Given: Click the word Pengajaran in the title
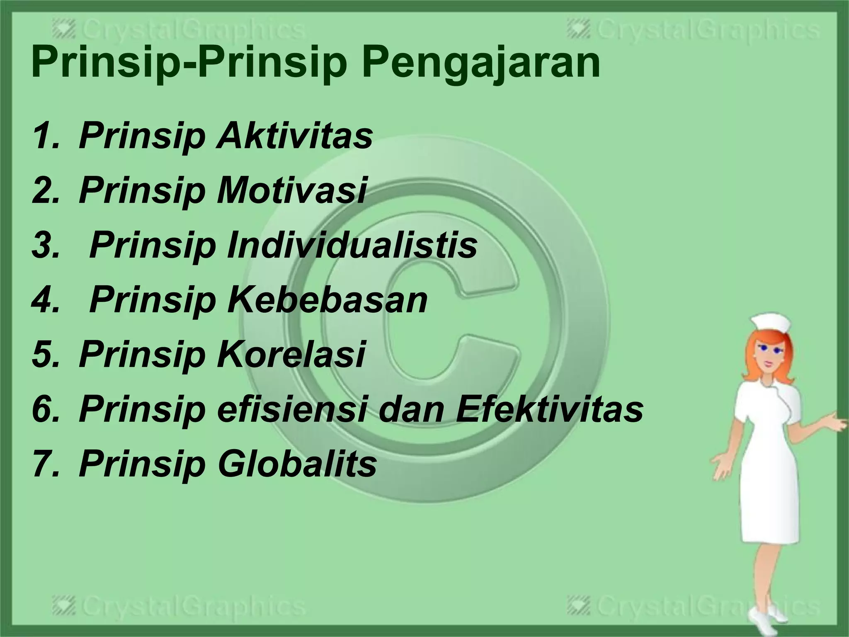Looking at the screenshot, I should click(x=481, y=63).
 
